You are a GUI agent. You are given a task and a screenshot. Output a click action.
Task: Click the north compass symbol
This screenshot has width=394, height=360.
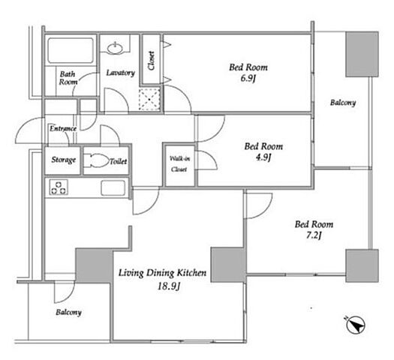click(356, 325)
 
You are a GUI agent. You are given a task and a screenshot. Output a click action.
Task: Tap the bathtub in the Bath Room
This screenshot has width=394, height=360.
click(71, 50)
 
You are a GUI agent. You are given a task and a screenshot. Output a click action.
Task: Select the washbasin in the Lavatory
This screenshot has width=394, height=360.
click(115, 48)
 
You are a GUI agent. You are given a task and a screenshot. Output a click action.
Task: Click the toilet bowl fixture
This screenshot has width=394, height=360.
click(97, 160)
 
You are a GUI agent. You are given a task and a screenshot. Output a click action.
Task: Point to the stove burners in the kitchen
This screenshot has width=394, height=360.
click(59, 187)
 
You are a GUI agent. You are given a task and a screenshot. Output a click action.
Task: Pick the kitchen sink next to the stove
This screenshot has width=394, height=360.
click(113, 187)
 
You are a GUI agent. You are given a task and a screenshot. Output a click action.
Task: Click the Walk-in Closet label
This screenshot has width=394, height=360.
click(179, 164)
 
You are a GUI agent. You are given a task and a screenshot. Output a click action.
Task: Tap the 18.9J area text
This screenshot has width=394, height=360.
click(169, 286)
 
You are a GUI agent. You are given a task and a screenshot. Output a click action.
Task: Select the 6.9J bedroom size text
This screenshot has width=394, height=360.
click(248, 78)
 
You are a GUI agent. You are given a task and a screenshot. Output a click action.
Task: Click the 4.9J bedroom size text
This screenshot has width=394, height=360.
click(263, 157)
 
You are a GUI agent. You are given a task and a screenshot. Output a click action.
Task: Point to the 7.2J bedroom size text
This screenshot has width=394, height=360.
click(314, 235)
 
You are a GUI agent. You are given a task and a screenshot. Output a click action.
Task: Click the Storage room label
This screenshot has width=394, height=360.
click(63, 160)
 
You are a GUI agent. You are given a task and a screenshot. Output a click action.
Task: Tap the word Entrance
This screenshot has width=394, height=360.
click(63, 128)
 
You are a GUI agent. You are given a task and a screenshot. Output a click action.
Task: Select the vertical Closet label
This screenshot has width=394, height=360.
click(151, 61)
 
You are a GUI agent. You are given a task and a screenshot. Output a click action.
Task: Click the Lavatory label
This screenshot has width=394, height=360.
click(120, 73)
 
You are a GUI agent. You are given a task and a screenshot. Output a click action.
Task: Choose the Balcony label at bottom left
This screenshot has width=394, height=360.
click(68, 312)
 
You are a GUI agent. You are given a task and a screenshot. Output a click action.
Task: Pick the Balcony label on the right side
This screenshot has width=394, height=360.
click(343, 103)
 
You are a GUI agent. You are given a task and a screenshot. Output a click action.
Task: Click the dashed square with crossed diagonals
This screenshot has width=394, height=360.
click(149, 100)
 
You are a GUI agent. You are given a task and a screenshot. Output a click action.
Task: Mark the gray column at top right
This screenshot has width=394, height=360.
click(362, 54)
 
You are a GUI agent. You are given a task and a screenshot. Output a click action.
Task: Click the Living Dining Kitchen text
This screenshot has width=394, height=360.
click(162, 273)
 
